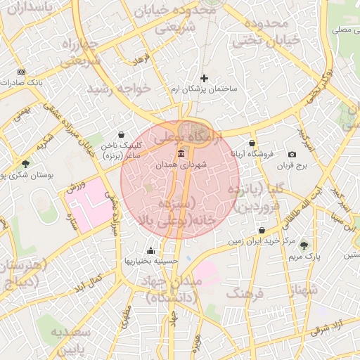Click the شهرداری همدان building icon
tap(181, 154)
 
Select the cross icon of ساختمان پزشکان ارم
tap(205, 78)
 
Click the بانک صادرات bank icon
tap(21, 72)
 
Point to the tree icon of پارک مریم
tap(304, 245)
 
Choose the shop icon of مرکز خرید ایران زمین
tap(262, 230)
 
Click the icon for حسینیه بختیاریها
tap(150, 250)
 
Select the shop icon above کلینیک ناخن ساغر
tap(122, 134)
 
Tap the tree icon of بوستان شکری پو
tap(25, 164)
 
